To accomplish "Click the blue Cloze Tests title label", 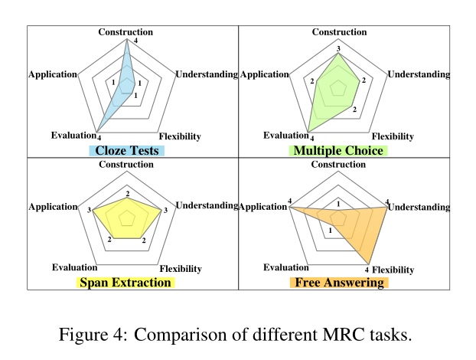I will (x=127, y=151).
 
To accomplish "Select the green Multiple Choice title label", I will (x=338, y=151).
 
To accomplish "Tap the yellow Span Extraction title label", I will (x=127, y=283).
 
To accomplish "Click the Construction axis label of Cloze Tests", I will (x=126, y=31).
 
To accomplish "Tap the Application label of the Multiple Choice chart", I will (x=265, y=74).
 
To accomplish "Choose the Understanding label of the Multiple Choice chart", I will (x=419, y=74).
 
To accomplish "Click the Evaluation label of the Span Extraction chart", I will (x=74, y=267).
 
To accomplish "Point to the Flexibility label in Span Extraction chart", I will (x=180, y=269).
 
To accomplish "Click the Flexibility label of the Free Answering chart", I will (x=393, y=270).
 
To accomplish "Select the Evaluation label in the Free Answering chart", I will (x=286, y=267).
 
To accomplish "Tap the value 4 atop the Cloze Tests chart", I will (x=135, y=40).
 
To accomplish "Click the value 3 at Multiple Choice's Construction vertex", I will (x=338, y=48).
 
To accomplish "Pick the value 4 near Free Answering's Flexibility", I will (x=367, y=270).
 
